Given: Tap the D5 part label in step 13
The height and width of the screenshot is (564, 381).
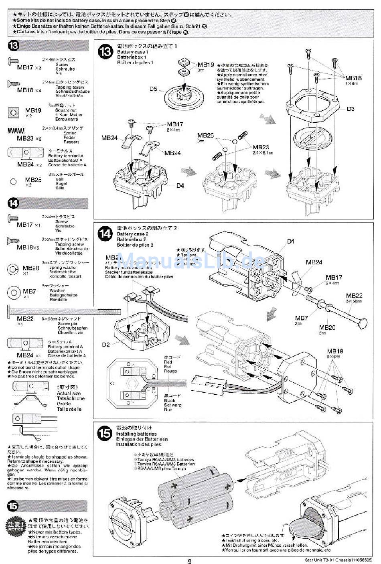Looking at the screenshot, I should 154,89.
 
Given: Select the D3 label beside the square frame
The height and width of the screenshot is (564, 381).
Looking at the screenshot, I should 351,108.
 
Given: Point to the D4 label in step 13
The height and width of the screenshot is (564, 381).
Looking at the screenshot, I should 180,185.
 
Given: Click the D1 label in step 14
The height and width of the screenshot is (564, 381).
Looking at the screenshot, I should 291,241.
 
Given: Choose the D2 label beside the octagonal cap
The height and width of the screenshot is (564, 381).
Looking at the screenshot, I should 106,345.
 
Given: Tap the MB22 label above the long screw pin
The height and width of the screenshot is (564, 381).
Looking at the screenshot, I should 354,295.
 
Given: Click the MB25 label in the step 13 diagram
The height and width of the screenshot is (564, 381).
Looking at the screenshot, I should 205,136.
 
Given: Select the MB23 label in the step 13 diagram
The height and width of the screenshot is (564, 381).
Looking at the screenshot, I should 261,147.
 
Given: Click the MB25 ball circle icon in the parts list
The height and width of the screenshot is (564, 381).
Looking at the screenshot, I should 14,182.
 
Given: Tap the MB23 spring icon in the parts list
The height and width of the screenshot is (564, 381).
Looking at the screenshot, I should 16,131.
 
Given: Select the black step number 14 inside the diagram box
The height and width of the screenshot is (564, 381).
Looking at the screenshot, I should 105,233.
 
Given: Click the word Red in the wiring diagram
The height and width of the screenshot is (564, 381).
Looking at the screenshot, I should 168,362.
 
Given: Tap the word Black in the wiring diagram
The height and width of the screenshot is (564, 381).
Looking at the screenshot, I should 170,400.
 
